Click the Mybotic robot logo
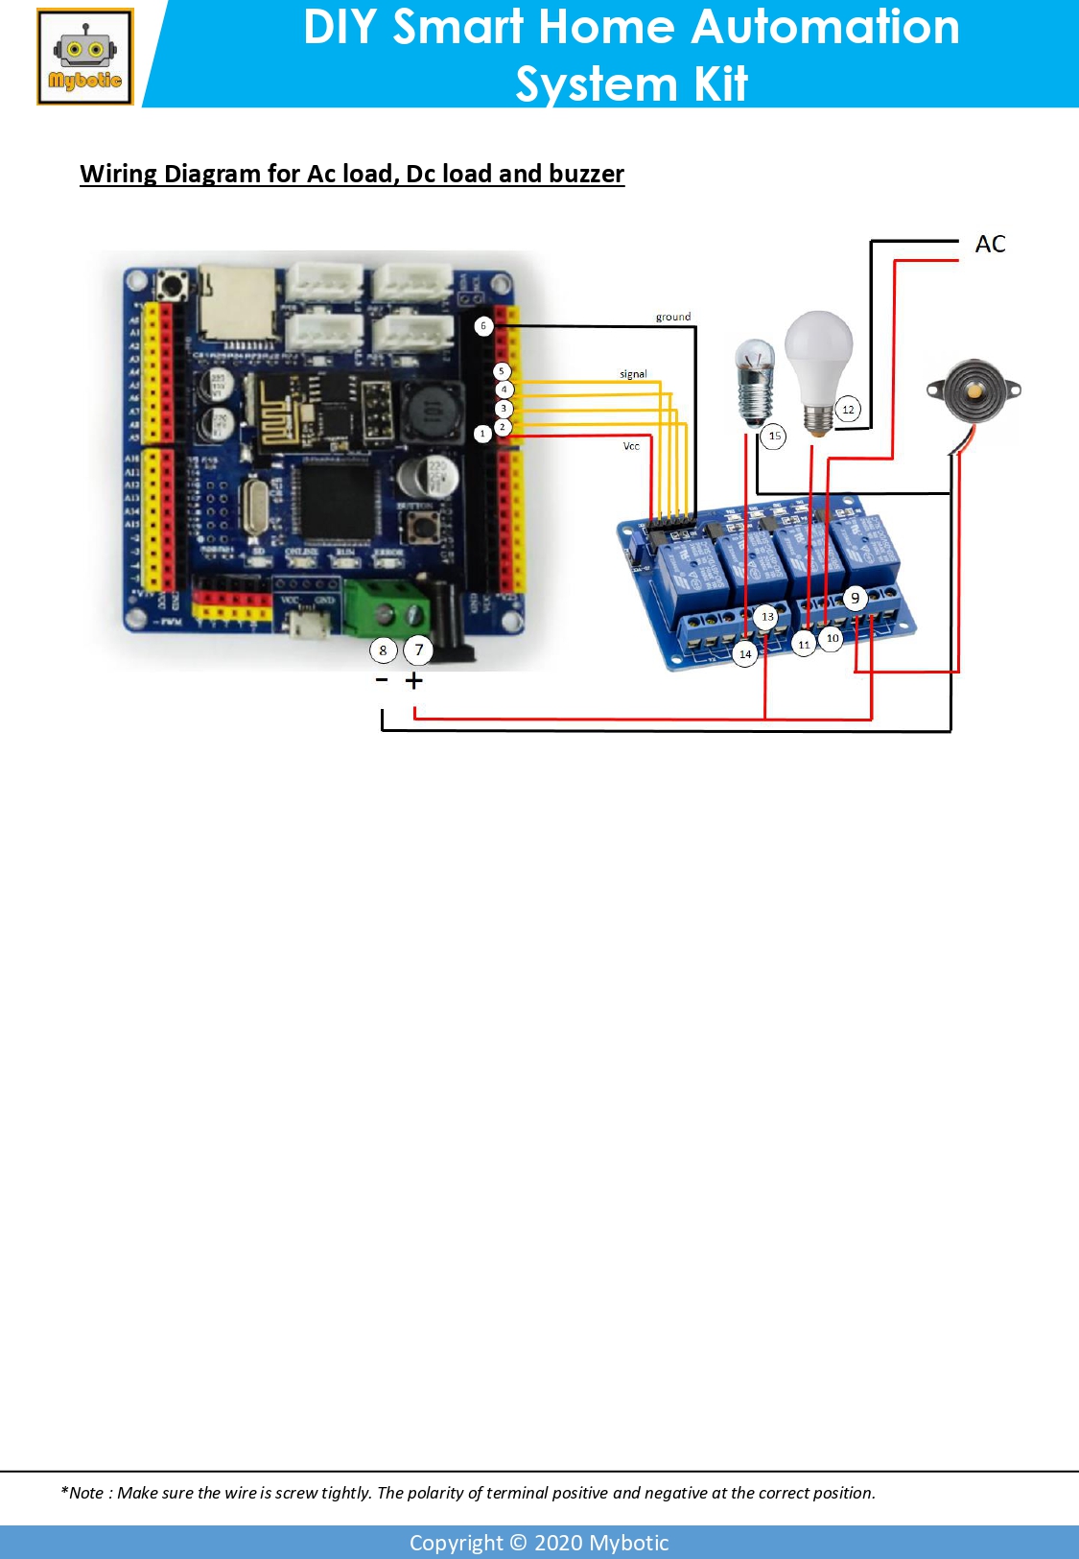(x=85, y=58)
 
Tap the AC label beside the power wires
(x=990, y=245)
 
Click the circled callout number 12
(x=848, y=410)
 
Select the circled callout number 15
(x=774, y=437)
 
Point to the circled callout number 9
(x=856, y=598)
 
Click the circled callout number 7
(x=418, y=650)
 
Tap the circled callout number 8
(x=383, y=650)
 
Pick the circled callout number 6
(x=483, y=326)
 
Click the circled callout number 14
(x=745, y=654)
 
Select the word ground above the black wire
(x=673, y=317)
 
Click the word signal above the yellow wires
(x=633, y=374)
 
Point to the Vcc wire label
(x=631, y=446)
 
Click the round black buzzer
(x=973, y=390)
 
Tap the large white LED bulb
(x=818, y=365)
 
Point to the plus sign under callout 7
(x=414, y=680)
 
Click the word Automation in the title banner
(x=825, y=27)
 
